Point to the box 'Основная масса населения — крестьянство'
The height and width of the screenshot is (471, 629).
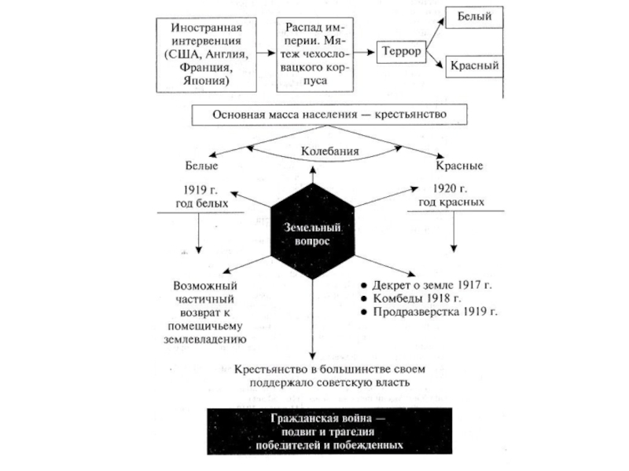329,115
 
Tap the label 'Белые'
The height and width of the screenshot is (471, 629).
202,166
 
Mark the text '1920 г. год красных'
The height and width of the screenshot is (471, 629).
451,196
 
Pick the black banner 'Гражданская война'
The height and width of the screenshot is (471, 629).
329,432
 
